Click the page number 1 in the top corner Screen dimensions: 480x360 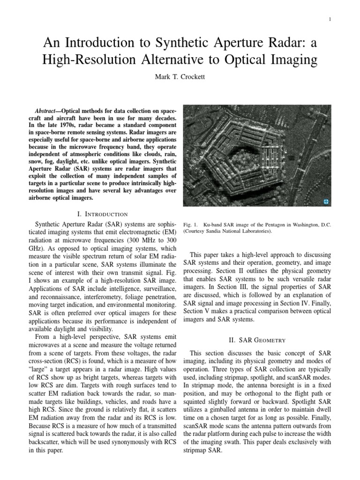330,19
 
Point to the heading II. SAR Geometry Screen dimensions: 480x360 257,340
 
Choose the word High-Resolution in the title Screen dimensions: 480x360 91,60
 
